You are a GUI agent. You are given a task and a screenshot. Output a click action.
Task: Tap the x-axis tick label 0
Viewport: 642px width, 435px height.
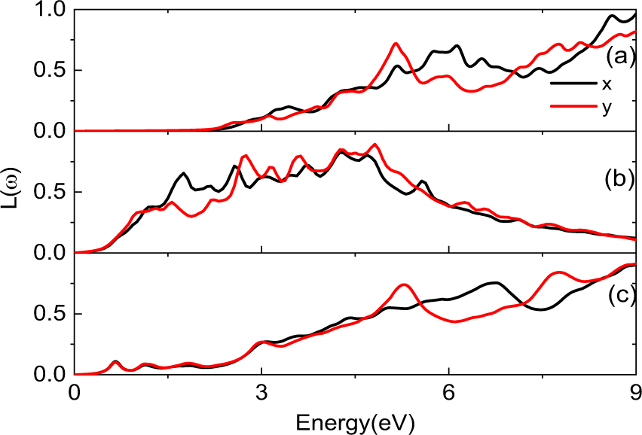(x=74, y=393)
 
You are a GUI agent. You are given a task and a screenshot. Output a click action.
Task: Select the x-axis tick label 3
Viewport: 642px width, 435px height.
(x=261, y=393)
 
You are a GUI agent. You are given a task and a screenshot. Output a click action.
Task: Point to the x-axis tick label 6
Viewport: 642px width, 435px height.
(x=449, y=393)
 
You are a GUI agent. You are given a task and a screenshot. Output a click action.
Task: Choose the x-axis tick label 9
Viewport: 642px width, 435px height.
(x=635, y=393)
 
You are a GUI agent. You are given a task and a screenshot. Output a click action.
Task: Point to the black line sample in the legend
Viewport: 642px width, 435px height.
(x=571, y=86)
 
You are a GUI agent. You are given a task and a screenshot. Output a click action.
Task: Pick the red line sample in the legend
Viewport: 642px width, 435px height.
(x=571, y=107)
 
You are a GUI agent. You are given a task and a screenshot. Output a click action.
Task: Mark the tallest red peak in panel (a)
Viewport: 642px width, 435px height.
(x=396, y=44)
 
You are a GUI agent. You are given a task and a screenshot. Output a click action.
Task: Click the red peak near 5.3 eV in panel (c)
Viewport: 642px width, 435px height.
(x=405, y=284)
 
